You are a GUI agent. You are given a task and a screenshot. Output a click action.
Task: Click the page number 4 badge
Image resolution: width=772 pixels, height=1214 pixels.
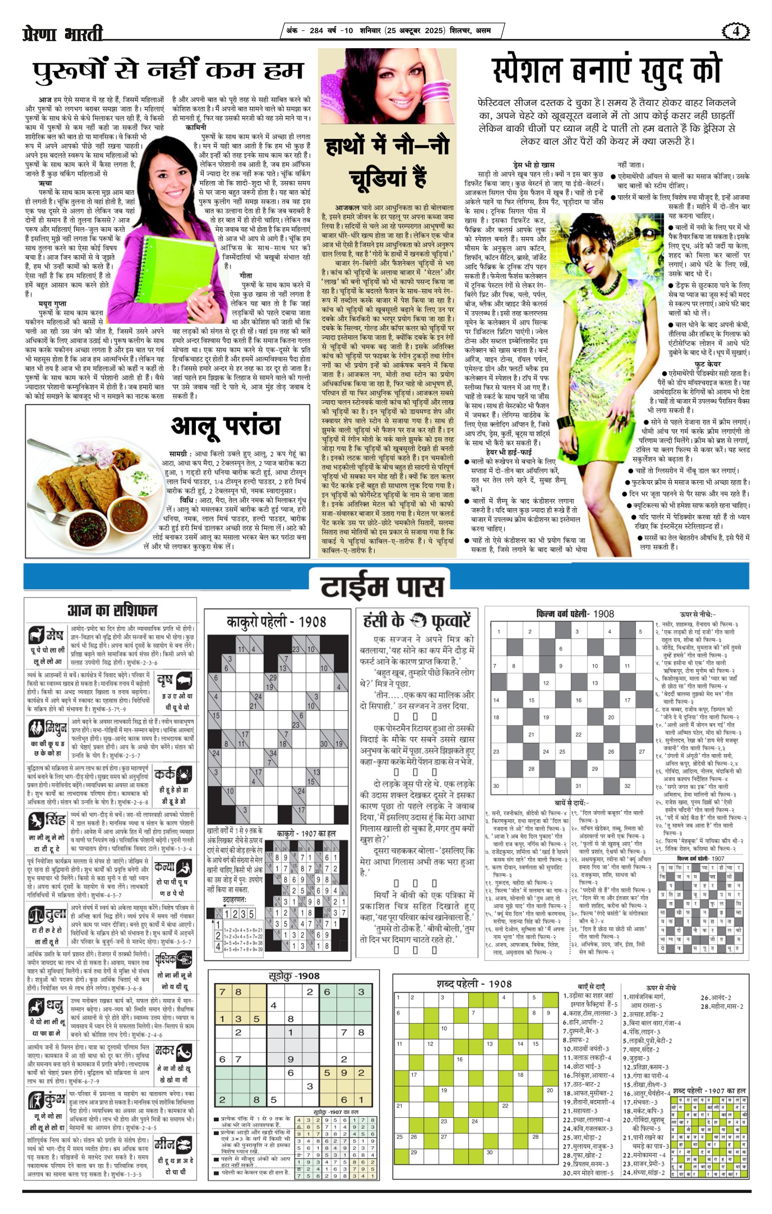pos(735,31)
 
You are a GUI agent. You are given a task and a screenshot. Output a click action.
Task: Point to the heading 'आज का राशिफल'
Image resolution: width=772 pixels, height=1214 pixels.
pos(112,610)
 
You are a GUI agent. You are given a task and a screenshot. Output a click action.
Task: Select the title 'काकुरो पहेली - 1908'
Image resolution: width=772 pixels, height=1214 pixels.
pos(276,622)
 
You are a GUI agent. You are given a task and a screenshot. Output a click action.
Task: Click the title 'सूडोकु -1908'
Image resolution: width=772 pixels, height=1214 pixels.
pos(295,976)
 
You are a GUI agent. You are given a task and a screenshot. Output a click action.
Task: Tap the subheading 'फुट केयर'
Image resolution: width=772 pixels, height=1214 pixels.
pos(707,364)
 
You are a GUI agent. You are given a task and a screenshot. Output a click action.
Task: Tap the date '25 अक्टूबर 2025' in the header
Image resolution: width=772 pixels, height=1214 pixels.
pos(415,31)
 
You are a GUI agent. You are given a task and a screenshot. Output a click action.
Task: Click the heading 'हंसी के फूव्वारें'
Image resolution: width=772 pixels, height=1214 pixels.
pos(416,620)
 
